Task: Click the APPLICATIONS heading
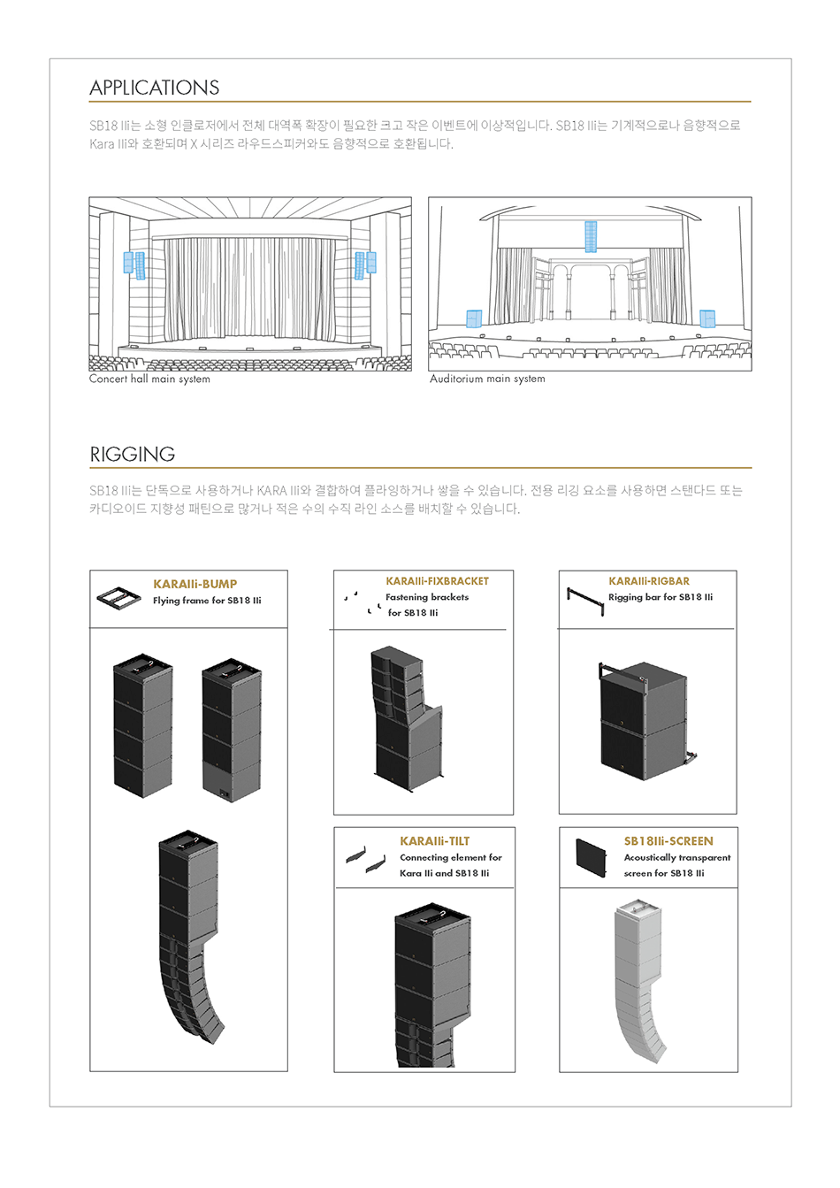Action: (154, 88)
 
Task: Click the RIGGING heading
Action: (132, 455)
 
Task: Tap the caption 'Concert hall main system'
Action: (149, 379)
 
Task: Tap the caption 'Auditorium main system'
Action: (487, 379)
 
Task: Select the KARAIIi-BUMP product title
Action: (195, 585)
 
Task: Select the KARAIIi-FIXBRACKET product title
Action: (437, 581)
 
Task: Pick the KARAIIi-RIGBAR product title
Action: (649, 581)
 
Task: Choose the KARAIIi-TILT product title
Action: (434, 841)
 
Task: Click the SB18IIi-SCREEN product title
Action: (668, 841)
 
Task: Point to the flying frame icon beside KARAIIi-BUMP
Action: (119, 599)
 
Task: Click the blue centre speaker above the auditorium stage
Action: (591, 236)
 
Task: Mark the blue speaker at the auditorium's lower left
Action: (474, 319)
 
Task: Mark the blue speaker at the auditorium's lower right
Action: (707, 318)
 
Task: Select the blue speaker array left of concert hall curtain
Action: (134, 264)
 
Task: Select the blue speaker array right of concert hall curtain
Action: (365, 264)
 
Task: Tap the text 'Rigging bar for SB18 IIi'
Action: (661, 598)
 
